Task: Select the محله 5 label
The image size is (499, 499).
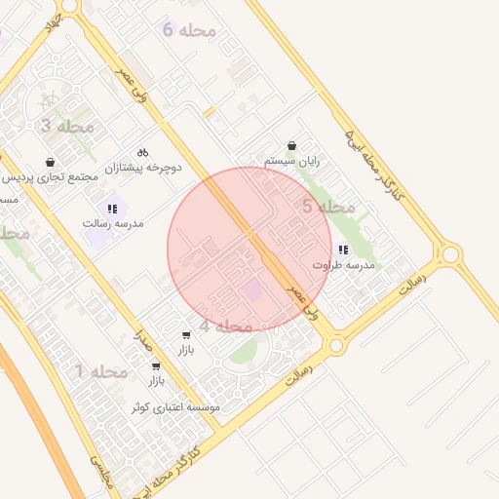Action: click(327, 207)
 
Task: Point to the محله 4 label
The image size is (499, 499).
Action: click(226, 326)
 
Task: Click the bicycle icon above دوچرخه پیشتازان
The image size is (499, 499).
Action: click(143, 152)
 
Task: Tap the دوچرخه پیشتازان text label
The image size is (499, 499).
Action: click(144, 168)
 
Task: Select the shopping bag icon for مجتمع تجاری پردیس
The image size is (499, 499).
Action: click(50, 162)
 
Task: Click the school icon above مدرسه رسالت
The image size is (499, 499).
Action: click(114, 208)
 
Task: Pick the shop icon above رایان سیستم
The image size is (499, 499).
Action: click(291, 144)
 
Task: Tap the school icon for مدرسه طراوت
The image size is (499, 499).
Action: click(342, 249)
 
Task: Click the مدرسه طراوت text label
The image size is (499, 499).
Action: click(344, 265)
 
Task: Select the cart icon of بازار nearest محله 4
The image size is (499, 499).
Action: click(185, 334)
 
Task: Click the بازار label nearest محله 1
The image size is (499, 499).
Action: click(155, 381)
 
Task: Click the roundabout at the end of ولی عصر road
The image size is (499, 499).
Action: click(336, 345)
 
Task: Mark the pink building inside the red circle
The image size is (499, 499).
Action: click(252, 289)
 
